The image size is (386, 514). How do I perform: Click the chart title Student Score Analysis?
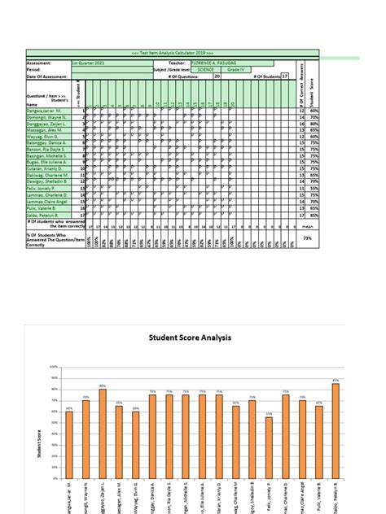point(190,337)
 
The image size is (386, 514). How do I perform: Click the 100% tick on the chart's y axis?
point(53,367)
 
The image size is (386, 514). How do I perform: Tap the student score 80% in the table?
point(313,124)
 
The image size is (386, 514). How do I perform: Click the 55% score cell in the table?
point(313,189)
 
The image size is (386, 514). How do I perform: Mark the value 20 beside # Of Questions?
point(217,76)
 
